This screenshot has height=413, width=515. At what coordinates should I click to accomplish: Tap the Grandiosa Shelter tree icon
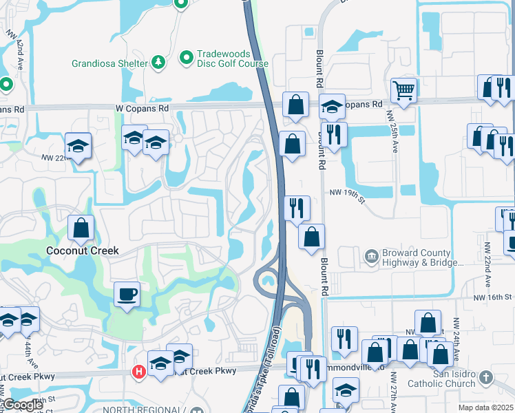tap(158, 63)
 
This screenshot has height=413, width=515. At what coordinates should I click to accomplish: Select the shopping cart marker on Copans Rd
tap(403, 89)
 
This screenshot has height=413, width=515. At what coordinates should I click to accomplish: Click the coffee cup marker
tap(127, 295)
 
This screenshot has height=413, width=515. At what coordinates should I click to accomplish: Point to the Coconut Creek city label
tap(83, 251)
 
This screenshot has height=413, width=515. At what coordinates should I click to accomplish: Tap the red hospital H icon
tap(138, 372)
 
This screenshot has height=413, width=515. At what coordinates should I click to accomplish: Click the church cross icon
tap(486, 377)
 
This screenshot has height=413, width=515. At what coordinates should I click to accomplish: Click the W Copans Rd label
tap(142, 109)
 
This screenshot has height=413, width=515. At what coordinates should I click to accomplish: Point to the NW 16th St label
tap(493, 297)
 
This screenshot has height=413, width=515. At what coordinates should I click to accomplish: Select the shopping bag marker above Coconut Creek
tap(81, 229)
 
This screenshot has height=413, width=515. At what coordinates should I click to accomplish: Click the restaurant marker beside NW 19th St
tap(297, 207)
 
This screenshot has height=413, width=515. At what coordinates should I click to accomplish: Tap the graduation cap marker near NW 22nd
tap(78, 147)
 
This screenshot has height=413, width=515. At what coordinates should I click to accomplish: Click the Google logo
tap(22, 405)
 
